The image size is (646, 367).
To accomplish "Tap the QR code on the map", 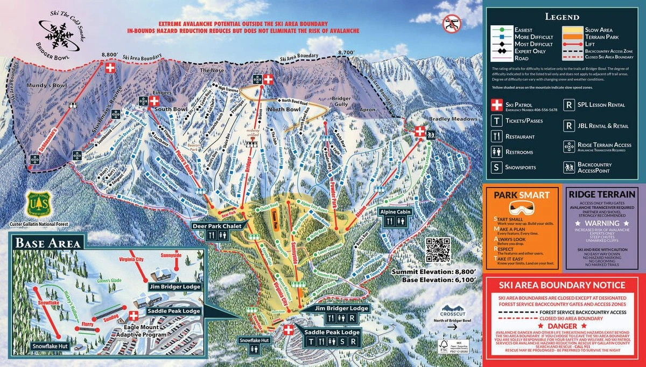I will pos(437,249).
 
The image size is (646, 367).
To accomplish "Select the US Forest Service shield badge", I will pos(36,203).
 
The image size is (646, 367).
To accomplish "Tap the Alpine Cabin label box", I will pos(395,212).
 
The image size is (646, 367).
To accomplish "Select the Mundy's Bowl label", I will pos(43,85).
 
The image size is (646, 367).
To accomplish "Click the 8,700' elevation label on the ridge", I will pos(346,52).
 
